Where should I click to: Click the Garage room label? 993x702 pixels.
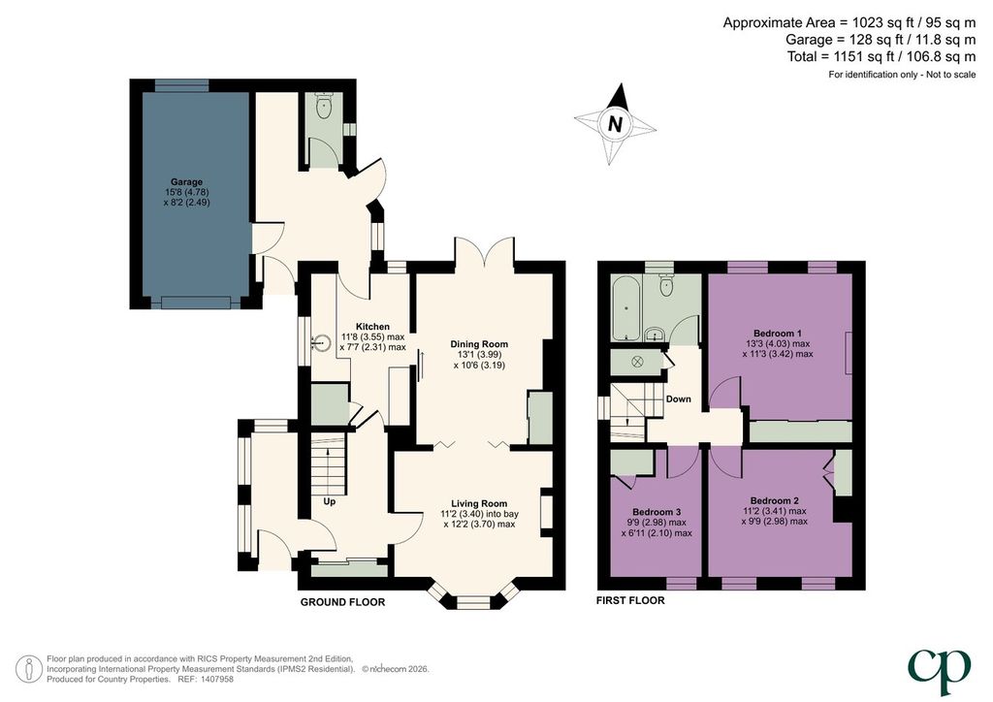186,181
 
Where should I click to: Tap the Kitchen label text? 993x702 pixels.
372,327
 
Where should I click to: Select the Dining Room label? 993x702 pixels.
479,344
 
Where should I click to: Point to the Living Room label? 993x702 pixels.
479,504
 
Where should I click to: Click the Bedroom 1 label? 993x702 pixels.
778,334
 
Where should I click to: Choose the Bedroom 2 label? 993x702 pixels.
775,500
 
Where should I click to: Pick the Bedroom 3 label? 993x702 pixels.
657,512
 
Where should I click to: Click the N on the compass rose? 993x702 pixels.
614,123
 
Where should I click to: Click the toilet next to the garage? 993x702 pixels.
324,107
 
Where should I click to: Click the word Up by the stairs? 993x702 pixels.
330,502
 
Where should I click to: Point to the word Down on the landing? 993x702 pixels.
678,399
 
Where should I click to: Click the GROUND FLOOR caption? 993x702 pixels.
342,602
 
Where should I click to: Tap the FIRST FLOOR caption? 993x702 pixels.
630,600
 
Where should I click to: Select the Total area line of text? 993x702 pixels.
881,57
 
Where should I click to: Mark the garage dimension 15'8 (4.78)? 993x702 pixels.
186,192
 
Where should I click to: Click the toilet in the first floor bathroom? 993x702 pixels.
665,286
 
